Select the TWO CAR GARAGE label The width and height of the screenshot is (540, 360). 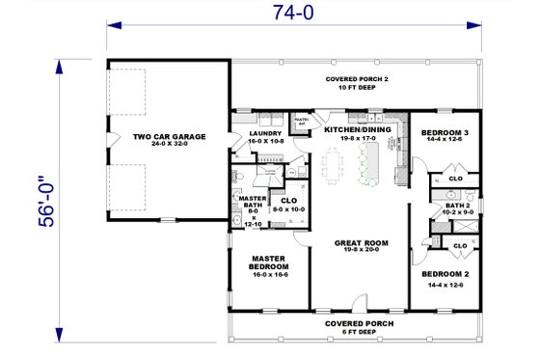pos(169,137)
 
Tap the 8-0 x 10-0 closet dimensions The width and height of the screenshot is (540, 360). pos(289,208)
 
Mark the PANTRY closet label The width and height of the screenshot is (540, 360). pos(301,122)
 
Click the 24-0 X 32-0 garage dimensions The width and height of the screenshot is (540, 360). pos(169,147)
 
